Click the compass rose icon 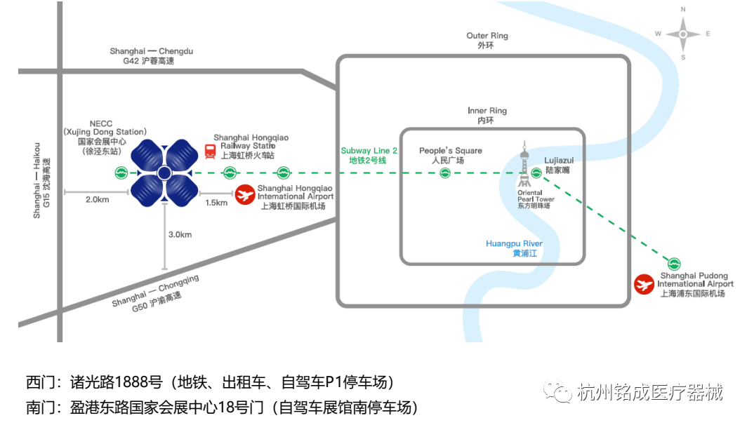683,34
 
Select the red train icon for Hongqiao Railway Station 210,151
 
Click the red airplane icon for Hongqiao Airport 245,195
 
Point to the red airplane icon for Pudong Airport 644,284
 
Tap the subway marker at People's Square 445,173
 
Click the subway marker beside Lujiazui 537,173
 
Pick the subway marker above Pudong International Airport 675,263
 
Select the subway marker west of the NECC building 121,173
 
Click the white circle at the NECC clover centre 164,173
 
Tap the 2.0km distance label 97,200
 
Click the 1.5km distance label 216,203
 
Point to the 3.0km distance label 180,235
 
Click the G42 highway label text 147,62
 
